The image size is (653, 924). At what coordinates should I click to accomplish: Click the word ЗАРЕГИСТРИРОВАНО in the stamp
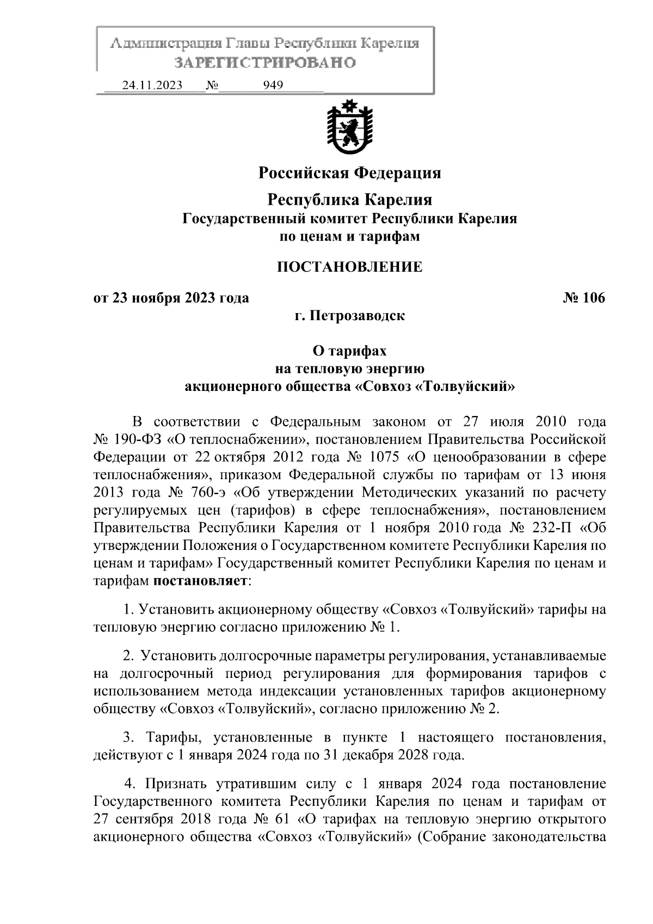(x=265, y=63)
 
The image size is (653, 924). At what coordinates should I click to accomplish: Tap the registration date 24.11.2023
(x=152, y=85)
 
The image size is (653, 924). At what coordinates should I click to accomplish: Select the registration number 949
(x=273, y=85)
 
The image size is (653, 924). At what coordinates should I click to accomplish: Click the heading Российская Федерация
(x=349, y=173)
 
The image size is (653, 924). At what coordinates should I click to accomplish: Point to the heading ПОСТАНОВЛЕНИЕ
(x=349, y=267)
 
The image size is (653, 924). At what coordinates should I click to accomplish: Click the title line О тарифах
(x=349, y=352)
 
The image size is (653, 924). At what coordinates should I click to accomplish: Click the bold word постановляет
(x=200, y=581)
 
